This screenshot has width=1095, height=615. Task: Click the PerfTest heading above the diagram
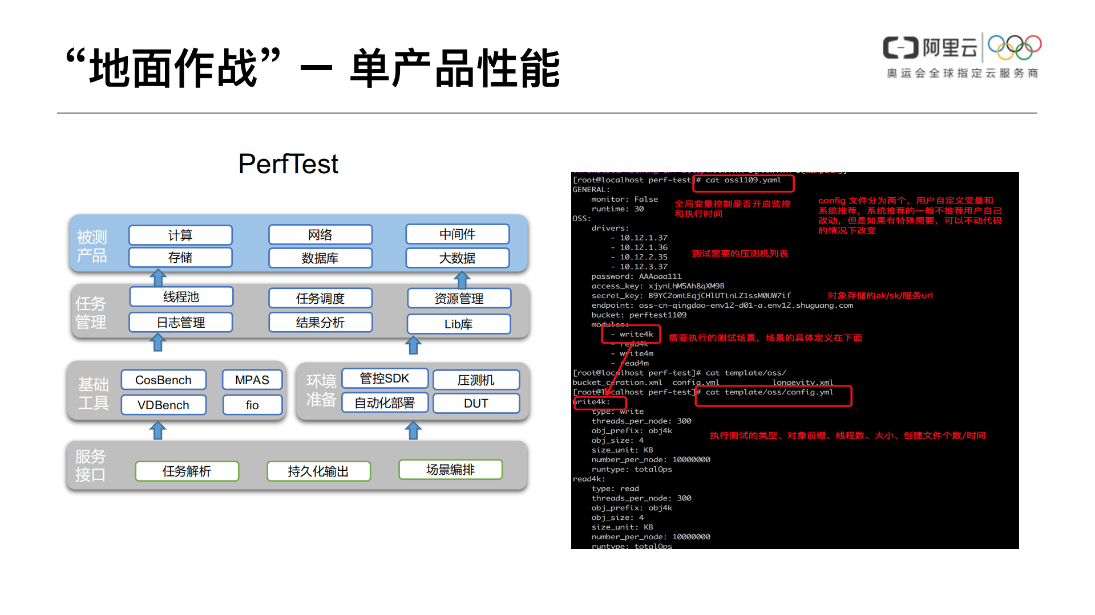click(x=288, y=164)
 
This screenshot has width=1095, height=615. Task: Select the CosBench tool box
click(x=163, y=380)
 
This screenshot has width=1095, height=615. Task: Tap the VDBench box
click(x=163, y=405)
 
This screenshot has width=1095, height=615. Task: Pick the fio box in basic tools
click(x=252, y=405)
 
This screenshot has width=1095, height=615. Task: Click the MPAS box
click(x=252, y=380)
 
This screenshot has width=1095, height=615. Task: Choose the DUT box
click(x=476, y=404)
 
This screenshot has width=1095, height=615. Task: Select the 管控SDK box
click(x=385, y=378)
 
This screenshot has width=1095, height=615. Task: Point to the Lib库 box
click(x=458, y=324)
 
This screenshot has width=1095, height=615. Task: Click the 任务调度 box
click(x=320, y=299)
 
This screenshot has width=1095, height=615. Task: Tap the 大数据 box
click(x=457, y=258)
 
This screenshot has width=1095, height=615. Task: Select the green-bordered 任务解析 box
click(x=187, y=471)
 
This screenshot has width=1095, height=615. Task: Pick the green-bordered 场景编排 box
click(x=450, y=470)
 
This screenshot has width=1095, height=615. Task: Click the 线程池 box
click(x=181, y=297)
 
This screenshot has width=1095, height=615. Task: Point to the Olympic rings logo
click(x=1015, y=47)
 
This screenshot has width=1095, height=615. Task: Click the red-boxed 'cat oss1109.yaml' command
click(x=743, y=181)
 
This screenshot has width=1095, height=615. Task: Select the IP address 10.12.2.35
click(x=643, y=257)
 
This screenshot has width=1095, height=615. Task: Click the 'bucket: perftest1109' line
click(x=639, y=315)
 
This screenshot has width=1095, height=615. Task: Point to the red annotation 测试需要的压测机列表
click(x=740, y=254)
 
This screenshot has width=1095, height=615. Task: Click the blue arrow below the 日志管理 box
click(x=158, y=343)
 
